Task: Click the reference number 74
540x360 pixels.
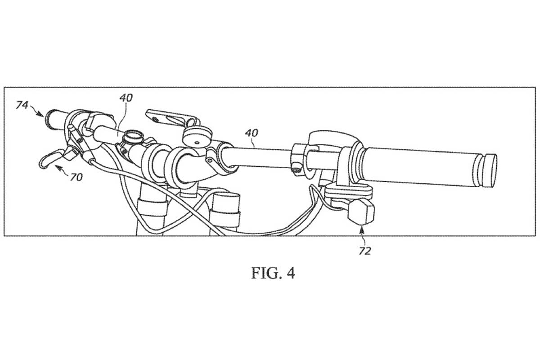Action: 22,105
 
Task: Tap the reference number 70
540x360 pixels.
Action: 76,177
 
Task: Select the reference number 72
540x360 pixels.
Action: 364,251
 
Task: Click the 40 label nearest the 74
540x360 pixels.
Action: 126,97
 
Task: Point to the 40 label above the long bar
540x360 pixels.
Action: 252,134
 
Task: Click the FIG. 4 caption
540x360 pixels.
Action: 273,273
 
